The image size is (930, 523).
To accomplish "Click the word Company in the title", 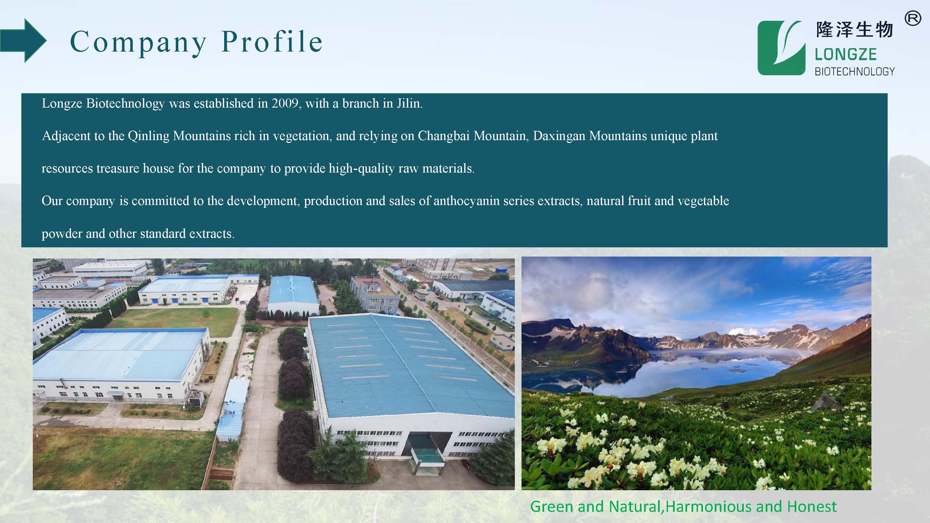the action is point(138,43).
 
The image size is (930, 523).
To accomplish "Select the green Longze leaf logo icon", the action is point(781,48).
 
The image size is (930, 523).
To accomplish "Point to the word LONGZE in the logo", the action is point(846,54).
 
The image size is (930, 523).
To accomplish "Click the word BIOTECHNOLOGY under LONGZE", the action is point(855,72).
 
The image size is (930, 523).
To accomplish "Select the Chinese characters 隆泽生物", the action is point(855,30).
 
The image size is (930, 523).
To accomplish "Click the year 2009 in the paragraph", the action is point(285,103).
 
